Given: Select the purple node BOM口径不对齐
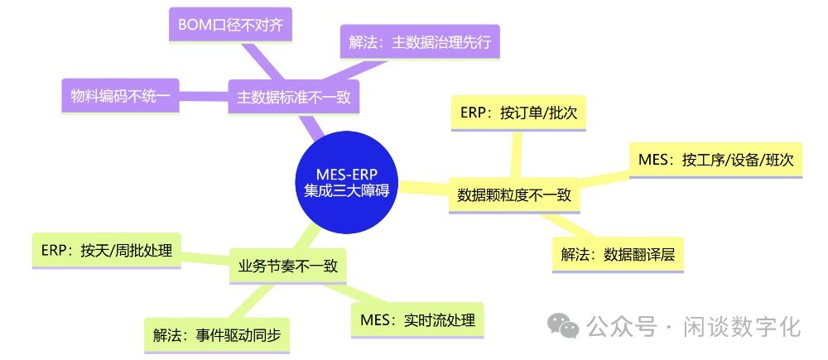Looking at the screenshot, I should (x=230, y=25).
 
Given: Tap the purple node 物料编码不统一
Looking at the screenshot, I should (x=120, y=97).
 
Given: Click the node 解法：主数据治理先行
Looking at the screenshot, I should (x=420, y=42).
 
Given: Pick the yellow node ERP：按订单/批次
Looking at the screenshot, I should (x=518, y=115).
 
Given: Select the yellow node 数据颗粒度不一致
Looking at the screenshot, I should (x=514, y=196).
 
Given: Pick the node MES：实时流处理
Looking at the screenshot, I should (x=418, y=320).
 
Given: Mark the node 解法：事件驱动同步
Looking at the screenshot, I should (x=217, y=335).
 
